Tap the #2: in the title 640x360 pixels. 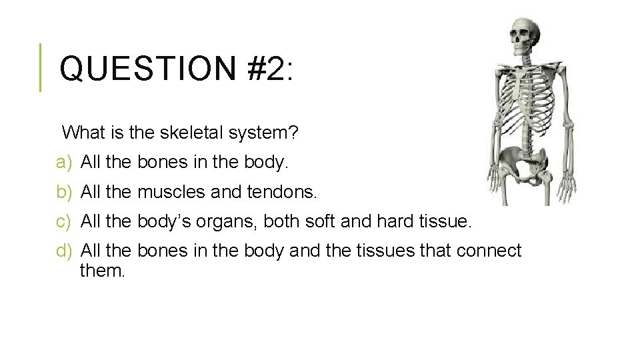269,69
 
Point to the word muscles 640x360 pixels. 171,192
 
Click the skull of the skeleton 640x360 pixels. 523,37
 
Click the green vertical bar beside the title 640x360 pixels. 40,67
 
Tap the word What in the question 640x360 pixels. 84,133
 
